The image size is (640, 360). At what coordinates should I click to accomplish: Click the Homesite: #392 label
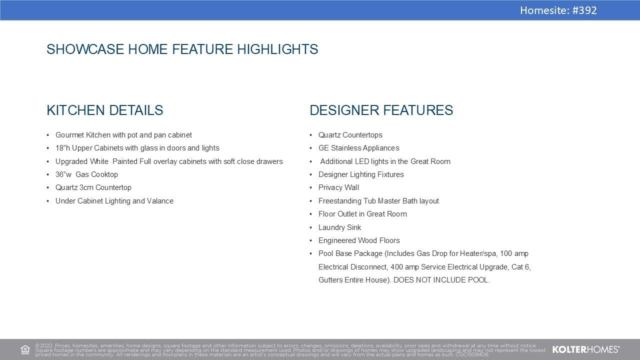tap(558, 10)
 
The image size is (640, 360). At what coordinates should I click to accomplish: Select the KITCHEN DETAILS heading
tap(104, 110)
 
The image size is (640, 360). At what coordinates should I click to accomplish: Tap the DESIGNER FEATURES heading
tap(381, 110)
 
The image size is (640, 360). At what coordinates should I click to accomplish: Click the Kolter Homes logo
tap(585, 349)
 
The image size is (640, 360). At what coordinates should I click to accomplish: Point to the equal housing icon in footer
tap(25, 349)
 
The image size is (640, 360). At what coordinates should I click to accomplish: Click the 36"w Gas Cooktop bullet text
tap(86, 174)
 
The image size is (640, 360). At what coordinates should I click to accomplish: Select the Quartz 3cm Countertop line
tap(93, 187)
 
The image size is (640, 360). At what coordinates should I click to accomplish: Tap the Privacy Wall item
tap(338, 187)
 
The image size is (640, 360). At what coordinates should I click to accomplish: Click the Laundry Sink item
tap(339, 227)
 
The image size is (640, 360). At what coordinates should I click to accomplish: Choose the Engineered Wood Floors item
tap(359, 240)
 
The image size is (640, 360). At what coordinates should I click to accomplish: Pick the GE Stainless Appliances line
tap(358, 148)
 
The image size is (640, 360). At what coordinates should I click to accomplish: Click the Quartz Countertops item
tap(350, 135)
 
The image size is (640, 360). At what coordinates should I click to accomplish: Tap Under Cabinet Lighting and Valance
tap(114, 201)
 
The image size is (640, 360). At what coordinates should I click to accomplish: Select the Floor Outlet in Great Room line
tap(362, 214)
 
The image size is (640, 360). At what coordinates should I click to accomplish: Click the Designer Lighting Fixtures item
tap(361, 174)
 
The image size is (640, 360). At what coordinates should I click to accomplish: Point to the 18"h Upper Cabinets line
tap(137, 148)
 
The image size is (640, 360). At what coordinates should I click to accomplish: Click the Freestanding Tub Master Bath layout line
tap(378, 201)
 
